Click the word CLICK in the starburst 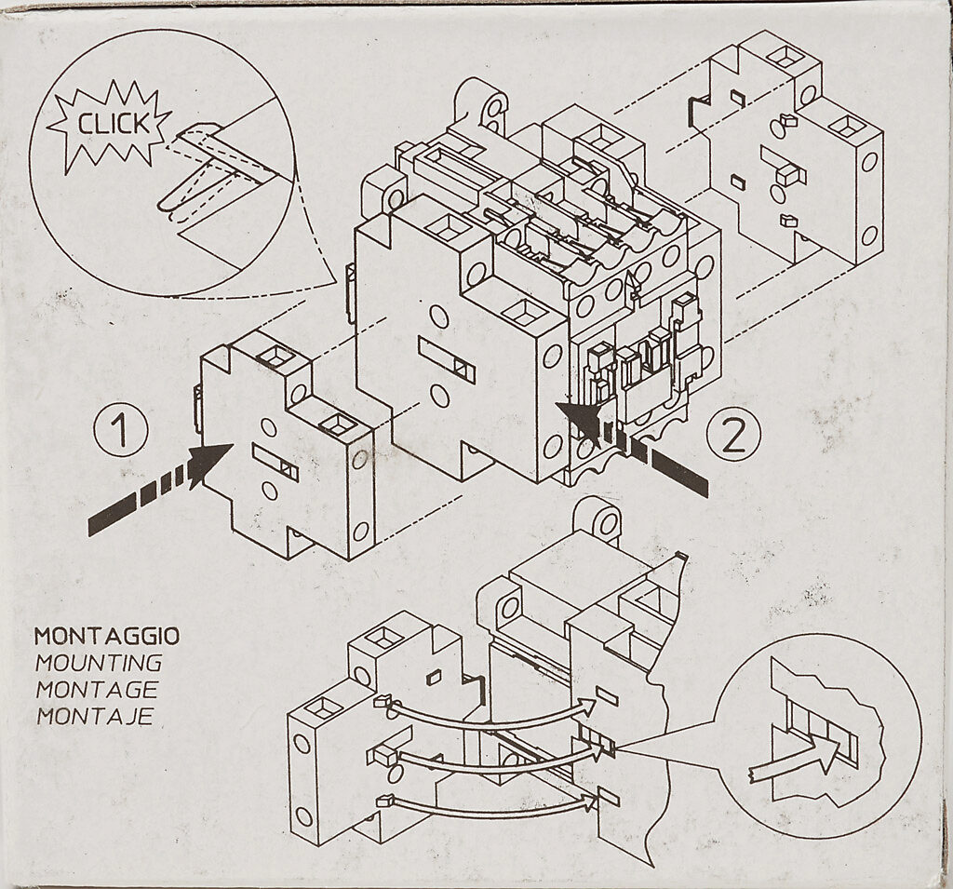[x=112, y=124]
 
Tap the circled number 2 [x=734, y=435]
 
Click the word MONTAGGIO [x=107, y=638]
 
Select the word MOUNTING [x=99, y=664]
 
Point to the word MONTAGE [x=96, y=690]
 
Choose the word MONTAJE [x=94, y=717]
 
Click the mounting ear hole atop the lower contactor [x=607, y=522]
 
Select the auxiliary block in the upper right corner [x=796, y=149]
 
